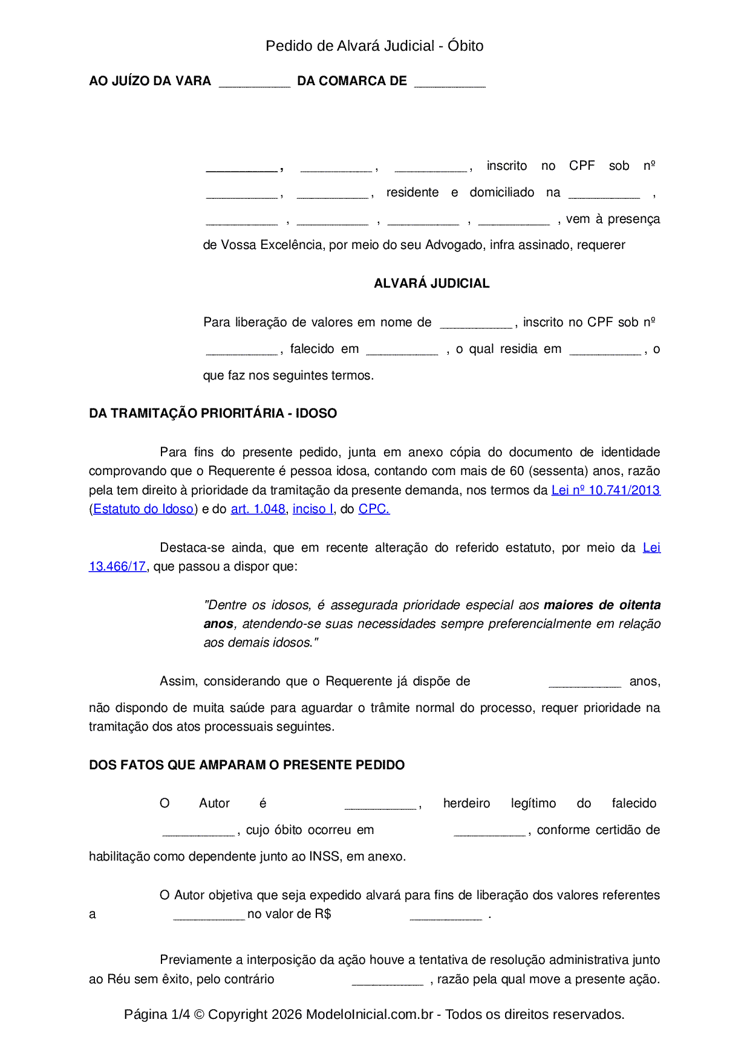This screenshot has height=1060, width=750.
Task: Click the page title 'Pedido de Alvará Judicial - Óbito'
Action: point(374,46)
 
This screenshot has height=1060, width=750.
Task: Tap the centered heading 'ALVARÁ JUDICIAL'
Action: point(431,283)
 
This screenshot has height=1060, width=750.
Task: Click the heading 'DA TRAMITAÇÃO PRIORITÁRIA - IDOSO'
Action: point(213,413)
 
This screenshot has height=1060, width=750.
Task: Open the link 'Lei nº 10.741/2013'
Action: point(605,490)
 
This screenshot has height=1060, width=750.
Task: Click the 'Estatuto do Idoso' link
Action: point(143,509)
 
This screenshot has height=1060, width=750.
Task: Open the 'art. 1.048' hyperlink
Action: point(258,509)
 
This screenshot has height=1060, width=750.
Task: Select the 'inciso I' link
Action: point(313,509)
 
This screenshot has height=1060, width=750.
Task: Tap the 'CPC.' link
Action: point(374,509)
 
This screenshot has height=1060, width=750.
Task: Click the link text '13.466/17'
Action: point(117,566)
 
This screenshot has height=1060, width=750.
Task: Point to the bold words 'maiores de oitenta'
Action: point(602,605)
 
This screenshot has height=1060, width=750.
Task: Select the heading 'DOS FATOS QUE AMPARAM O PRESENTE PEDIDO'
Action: point(247,765)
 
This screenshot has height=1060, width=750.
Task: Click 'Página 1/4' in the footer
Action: point(157,1014)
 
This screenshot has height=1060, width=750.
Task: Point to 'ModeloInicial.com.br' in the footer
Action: point(370,1014)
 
